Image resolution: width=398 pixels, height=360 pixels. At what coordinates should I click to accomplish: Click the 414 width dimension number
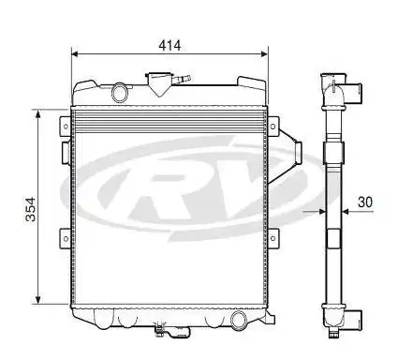(169, 44)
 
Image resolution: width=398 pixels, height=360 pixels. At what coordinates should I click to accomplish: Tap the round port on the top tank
(119, 92)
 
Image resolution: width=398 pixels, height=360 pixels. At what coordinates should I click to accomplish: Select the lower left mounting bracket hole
(64, 236)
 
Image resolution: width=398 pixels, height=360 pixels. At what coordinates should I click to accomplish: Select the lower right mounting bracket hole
(274, 236)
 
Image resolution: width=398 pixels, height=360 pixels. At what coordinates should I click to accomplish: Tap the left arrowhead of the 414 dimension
(76, 53)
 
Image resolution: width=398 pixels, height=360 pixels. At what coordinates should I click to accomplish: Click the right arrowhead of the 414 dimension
(264, 53)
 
